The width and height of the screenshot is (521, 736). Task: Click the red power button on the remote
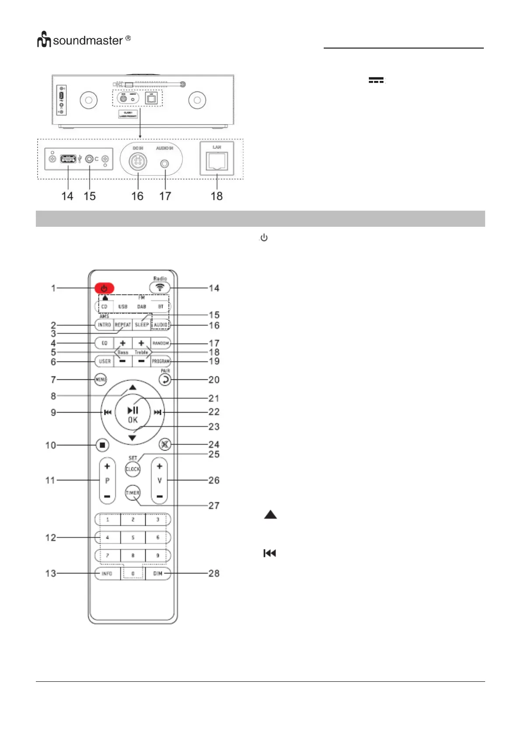(104, 288)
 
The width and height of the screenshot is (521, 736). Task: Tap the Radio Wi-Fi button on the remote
(160, 288)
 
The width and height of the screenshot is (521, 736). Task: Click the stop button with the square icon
(102, 445)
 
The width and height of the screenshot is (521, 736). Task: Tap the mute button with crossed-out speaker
(164, 444)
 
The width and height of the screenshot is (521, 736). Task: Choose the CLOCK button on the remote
(133, 469)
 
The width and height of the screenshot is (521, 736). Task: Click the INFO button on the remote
(107, 573)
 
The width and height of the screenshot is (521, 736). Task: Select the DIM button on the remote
(157, 573)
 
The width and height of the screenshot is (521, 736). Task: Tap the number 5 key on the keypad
(133, 538)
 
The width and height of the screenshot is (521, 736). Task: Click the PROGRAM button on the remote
(161, 361)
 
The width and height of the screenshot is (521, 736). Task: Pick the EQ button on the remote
(104, 343)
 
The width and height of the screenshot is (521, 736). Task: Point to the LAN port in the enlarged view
(217, 161)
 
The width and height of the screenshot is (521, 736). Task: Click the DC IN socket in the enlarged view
(138, 162)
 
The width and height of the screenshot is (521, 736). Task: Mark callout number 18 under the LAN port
(217, 196)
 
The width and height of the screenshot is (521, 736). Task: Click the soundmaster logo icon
(44, 40)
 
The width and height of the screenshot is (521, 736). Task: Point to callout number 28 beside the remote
(213, 573)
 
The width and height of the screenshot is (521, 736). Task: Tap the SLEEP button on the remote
(142, 325)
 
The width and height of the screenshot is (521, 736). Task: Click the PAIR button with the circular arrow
(165, 379)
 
